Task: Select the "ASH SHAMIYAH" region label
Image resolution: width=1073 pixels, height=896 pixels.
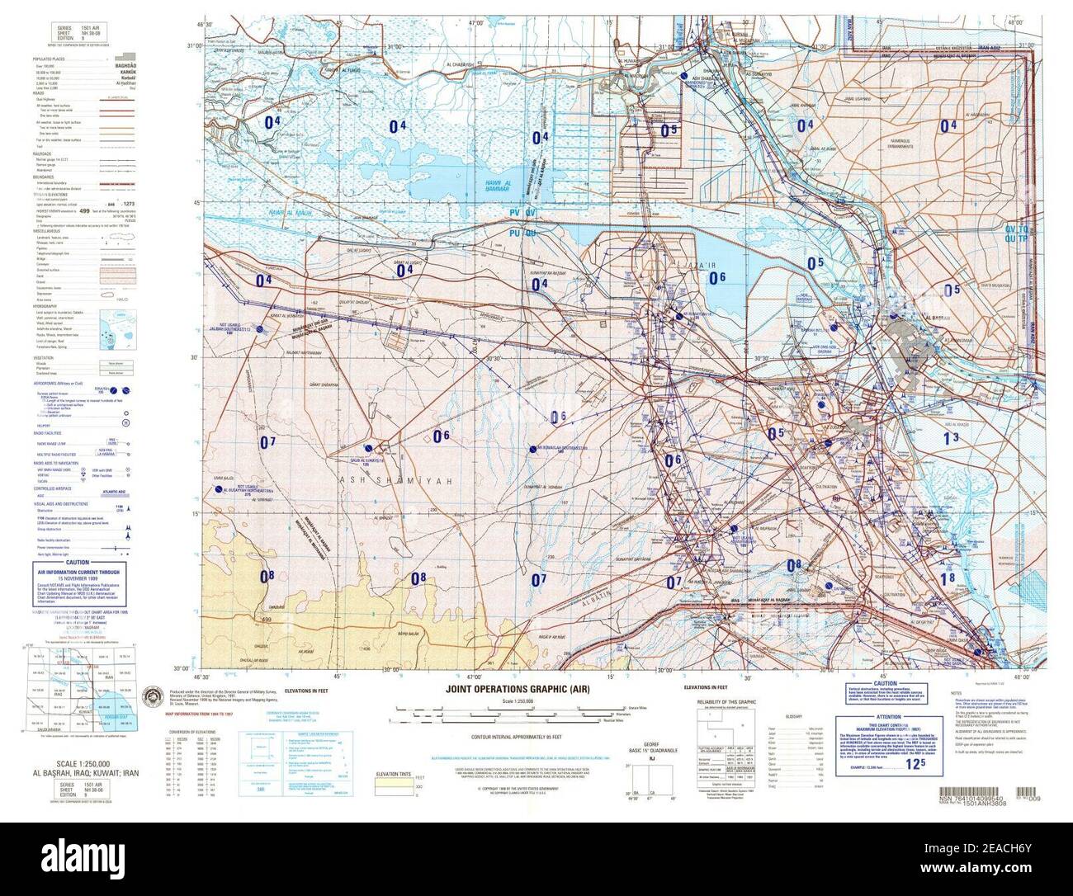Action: (x=370, y=479)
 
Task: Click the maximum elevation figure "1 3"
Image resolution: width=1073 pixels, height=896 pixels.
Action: (x=951, y=438)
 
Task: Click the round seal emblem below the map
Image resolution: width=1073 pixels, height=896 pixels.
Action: (x=153, y=696)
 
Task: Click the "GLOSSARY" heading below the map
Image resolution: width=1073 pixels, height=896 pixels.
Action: (x=795, y=715)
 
